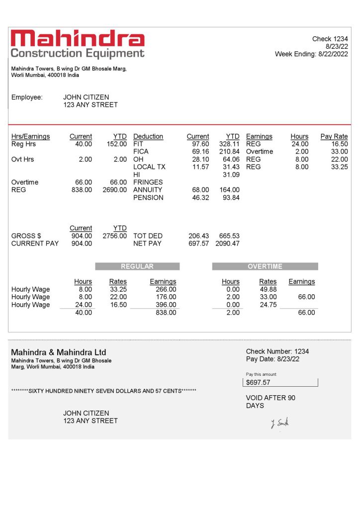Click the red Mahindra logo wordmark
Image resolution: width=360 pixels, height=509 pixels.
pos(78,38)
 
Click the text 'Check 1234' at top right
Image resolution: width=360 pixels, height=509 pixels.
pos(330,39)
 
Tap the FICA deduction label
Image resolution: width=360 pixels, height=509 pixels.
pos(141,152)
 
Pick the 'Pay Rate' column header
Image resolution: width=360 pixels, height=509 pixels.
pos(334,136)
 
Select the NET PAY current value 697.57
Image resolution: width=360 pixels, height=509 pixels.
pos(199,244)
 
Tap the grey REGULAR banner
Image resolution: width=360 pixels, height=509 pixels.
pos(137,266)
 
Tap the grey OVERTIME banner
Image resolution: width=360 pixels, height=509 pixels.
pos(265,266)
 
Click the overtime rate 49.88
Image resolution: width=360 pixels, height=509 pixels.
pos(268,289)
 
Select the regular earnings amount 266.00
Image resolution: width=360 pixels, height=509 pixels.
pos(166,289)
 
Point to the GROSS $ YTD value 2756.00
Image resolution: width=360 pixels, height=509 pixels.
pos(114,236)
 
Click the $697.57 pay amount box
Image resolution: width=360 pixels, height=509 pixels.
pos(281,382)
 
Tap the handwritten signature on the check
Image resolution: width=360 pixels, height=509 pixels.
pos(280,423)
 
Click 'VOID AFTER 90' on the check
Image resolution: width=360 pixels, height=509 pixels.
pos(270,398)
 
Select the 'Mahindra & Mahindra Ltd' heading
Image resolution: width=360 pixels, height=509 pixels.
pos(59,352)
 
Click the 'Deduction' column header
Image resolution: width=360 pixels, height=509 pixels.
pos(148,136)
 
